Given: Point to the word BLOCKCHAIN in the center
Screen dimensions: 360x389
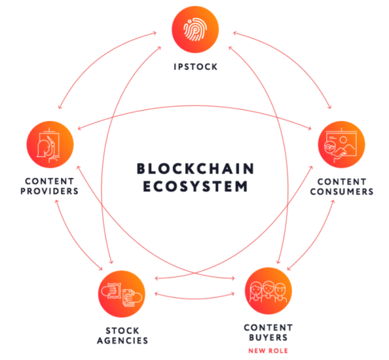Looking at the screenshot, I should (195, 168).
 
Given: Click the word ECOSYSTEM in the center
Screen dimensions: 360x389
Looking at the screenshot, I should (195, 186).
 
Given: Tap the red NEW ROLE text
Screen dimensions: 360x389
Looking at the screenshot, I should (267, 351).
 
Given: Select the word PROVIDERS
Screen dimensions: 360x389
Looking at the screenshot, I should (51, 191).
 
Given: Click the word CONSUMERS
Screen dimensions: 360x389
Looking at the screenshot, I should (341, 191).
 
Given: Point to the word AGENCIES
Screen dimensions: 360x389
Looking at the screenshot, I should (122, 340).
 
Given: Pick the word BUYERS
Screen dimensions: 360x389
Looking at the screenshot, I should (268, 337).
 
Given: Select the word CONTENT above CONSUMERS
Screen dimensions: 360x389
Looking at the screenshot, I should (341, 182).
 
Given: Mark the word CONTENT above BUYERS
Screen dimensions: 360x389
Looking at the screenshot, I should (268, 328).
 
